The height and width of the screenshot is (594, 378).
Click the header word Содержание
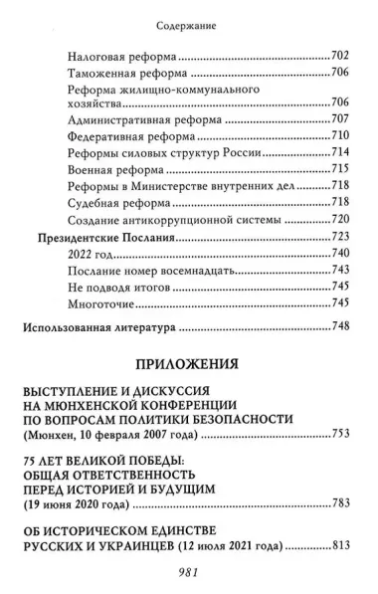tap(188, 17)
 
